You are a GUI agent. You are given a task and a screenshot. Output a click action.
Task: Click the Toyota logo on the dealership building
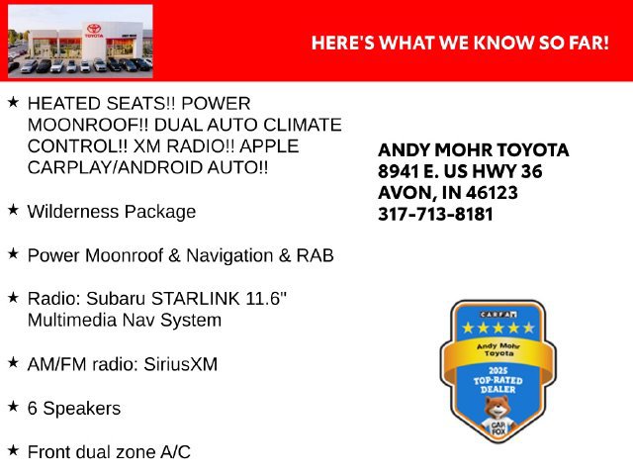94,29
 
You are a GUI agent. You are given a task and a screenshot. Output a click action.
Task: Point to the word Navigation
229,255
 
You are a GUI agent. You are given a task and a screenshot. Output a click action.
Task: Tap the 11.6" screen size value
266,299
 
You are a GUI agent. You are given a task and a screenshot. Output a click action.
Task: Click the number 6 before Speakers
33,408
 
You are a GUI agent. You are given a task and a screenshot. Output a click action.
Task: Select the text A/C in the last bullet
175,452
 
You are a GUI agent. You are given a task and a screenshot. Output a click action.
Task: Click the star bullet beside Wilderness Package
13,209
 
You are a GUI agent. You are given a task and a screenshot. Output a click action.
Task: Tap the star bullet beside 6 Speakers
13,406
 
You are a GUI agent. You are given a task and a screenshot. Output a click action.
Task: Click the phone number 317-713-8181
435,214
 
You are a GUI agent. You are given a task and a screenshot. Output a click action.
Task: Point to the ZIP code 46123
492,193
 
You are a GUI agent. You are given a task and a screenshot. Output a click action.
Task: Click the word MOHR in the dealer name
463,150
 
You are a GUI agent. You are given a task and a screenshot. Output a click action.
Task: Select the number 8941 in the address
398,171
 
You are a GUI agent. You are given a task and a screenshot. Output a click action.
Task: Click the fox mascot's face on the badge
497,407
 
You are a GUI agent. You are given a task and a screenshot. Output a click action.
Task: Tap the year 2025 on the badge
497,370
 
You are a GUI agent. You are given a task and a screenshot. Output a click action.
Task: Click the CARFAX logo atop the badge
498,315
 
